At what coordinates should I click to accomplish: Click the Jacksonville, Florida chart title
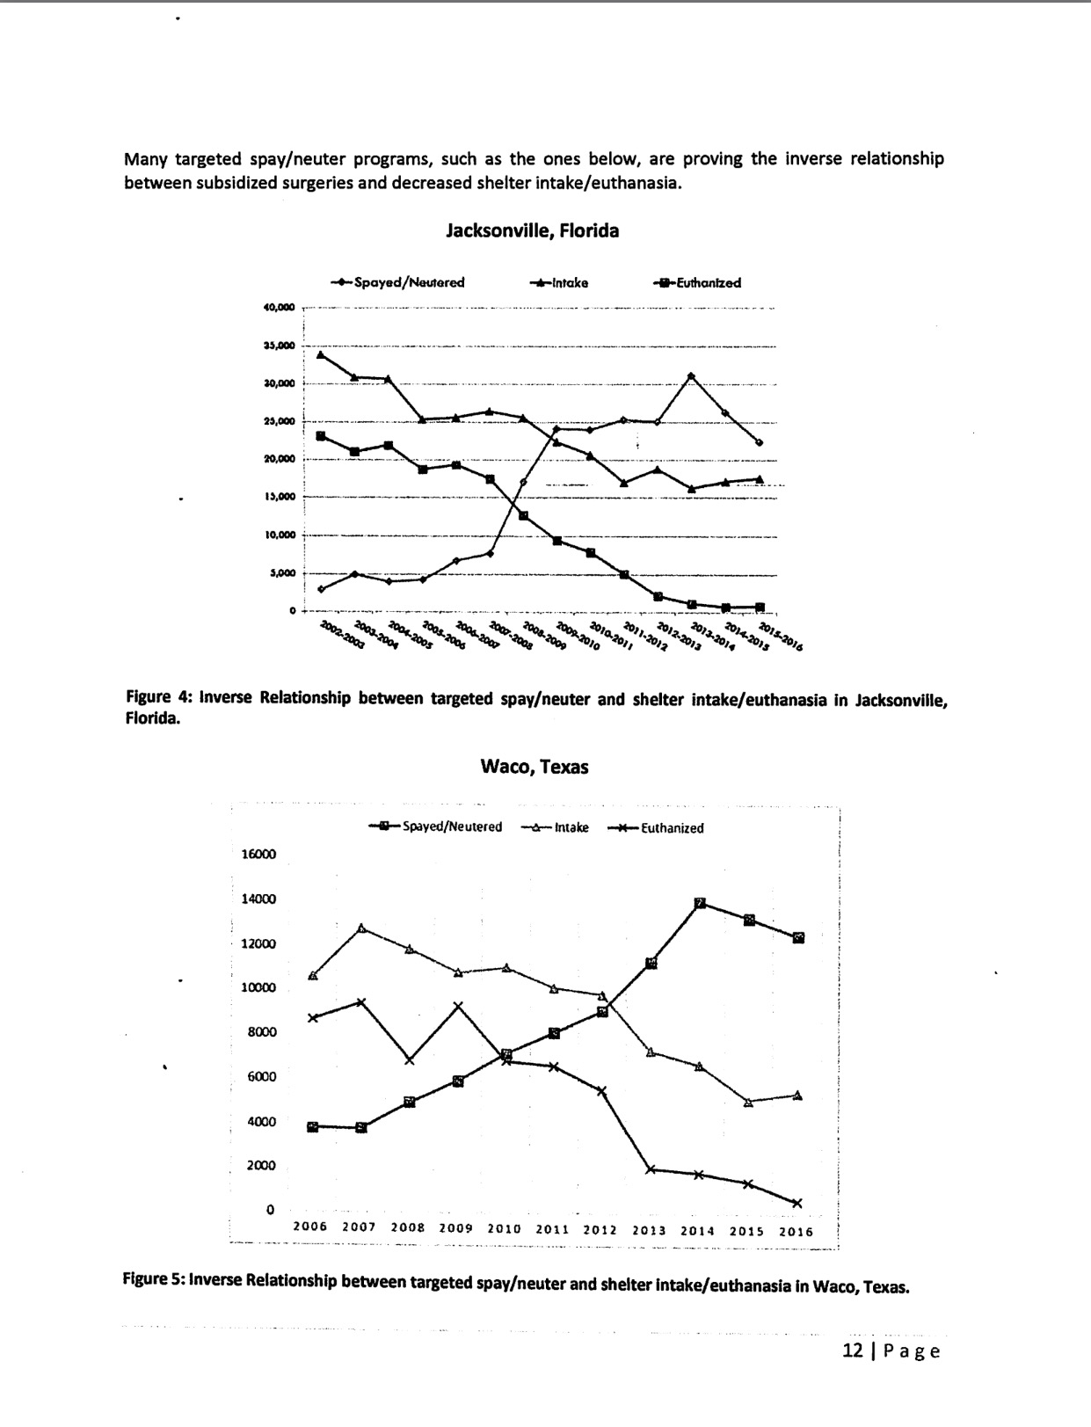(x=532, y=231)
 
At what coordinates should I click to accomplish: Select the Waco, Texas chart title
(x=535, y=767)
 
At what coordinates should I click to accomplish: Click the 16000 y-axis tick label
(x=258, y=855)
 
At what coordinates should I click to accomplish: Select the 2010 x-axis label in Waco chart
(x=504, y=1230)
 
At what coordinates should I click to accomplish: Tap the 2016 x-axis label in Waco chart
(x=796, y=1232)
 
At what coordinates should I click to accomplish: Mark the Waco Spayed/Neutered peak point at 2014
(x=701, y=904)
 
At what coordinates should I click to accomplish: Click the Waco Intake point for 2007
(x=362, y=928)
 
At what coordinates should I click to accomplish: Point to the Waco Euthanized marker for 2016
(x=797, y=1204)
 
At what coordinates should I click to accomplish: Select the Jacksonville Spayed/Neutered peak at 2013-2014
(x=691, y=376)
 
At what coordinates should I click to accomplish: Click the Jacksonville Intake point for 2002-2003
(x=320, y=355)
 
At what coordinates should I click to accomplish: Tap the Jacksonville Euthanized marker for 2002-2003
(x=321, y=436)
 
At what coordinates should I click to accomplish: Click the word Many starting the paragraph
(x=145, y=159)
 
